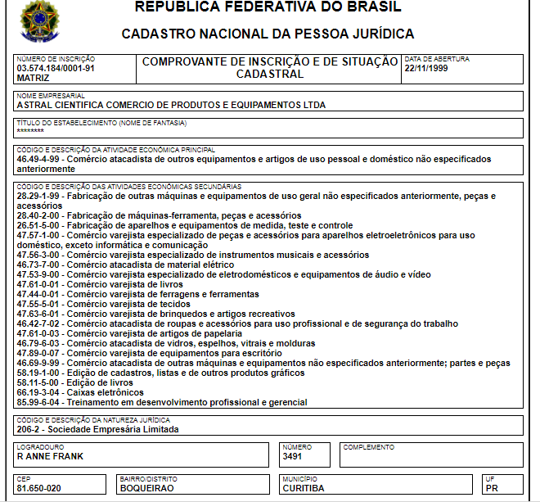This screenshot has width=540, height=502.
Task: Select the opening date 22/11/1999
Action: tap(427, 68)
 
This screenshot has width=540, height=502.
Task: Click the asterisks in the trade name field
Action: tap(30, 131)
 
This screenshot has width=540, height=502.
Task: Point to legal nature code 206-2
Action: tap(29, 429)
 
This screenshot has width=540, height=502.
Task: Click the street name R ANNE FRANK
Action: tap(50, 456)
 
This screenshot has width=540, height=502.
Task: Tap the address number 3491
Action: tap(292, 456)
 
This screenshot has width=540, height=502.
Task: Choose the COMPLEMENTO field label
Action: tap(369, 447)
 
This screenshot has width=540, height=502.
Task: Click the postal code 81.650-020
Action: tap(39, 488)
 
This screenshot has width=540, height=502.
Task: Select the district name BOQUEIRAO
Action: tap(146, 488)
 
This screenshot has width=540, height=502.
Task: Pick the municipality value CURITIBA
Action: tap(303, 488)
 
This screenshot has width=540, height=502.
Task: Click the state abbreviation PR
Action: tap(492, 488)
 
